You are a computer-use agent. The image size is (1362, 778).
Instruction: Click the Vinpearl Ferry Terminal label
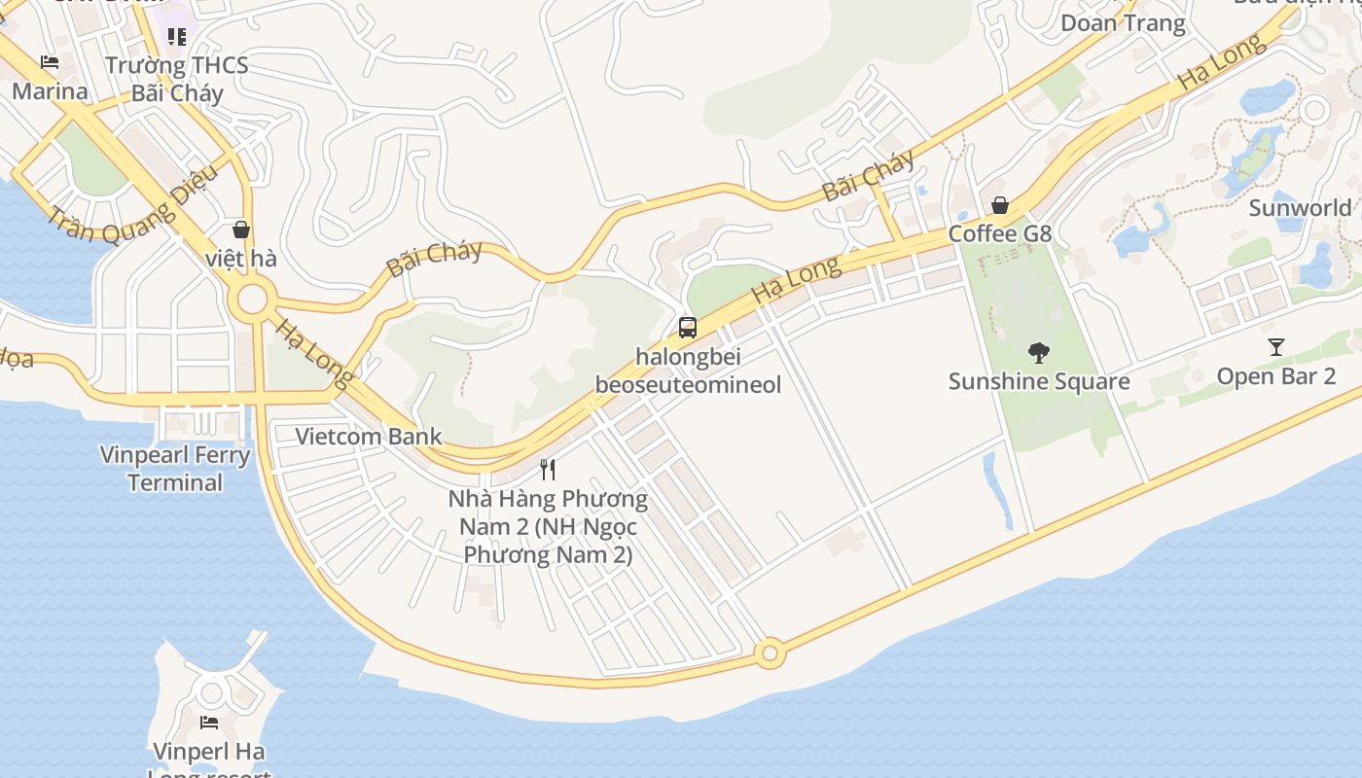[175, 469]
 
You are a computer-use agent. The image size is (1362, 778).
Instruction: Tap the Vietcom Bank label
[369, 436]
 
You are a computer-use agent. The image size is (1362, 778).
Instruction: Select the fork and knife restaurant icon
[548, 470]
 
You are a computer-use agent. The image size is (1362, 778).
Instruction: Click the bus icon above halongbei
[688, 328]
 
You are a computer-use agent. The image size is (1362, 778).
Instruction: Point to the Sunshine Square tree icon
[1039, 352]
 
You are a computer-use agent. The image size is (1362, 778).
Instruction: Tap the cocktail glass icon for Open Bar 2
[1276, 346]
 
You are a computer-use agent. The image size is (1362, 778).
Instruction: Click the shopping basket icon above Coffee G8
[999, 205]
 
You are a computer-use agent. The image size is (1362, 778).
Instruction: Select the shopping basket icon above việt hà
[241, 230]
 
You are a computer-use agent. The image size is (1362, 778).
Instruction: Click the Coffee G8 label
[1000, 233]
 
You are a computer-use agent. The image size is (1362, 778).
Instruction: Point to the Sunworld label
[1300, 207]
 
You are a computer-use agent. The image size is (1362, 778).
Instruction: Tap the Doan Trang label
[1123, 23]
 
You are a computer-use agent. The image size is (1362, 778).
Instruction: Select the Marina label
[50, 91]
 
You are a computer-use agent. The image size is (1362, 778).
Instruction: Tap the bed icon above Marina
[50, 63]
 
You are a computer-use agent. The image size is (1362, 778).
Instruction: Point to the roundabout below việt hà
[253, 300]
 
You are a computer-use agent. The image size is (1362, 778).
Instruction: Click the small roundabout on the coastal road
[771, 654]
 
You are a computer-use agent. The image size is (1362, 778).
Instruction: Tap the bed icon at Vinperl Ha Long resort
[209, 723]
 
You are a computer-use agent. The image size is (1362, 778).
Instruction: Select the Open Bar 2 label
[1276, 376]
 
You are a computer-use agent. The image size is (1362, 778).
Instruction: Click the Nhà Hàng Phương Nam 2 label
[548, 526]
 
